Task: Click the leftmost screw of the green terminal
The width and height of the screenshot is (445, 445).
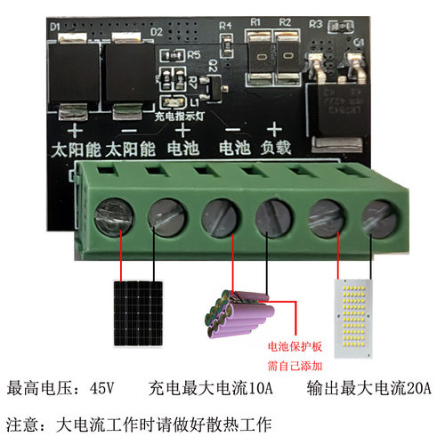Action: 113,216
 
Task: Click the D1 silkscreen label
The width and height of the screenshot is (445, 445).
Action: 54,28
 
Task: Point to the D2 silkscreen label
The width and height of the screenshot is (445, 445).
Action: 157,31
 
